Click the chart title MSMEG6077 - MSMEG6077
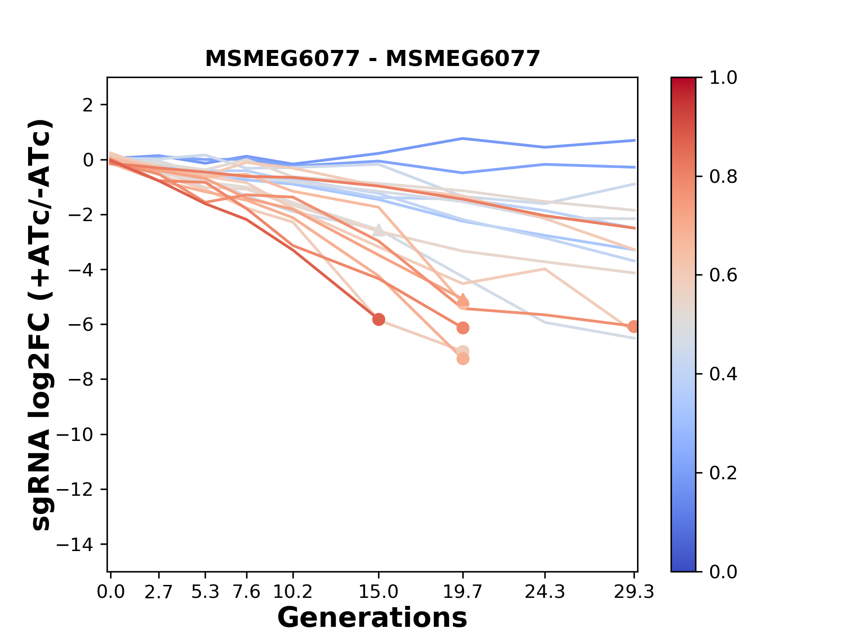click(372, 59)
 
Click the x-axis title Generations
click(372, 618)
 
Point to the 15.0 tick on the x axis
click(379, 592)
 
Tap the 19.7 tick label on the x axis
click(463, 592)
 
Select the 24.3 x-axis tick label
click(544, 592)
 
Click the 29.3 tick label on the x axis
click(634, 592)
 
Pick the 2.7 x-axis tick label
click(159, 592)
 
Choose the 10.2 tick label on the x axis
click(292, 592)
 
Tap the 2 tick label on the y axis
click(88, 105)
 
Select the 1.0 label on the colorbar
click(723, 78)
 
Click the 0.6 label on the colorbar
click(723, 276)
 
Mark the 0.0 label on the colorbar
click(723, 572)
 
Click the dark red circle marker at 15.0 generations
click(379, 319)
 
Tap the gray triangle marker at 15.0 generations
click(379, 230)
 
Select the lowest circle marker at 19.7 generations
click(463, 359)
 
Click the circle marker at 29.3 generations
click(634, 327)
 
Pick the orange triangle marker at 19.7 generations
click(463, 298)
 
